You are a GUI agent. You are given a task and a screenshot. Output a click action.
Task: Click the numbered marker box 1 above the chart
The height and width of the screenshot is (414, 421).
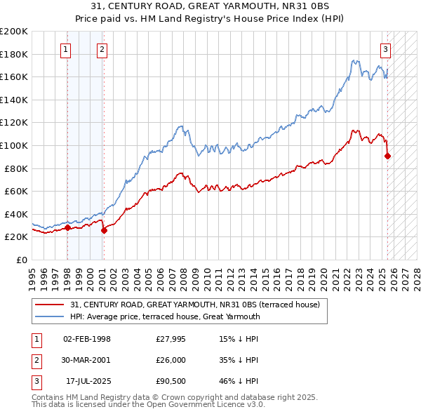click(x=65, y=49)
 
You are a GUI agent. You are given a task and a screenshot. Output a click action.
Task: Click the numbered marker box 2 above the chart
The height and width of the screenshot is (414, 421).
click(x=102, y=49)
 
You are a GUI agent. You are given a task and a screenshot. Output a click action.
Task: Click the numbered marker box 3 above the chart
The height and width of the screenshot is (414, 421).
click(x=386, y=49)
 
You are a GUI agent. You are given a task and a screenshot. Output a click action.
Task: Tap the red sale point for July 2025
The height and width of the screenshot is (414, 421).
click(x=388, y=156)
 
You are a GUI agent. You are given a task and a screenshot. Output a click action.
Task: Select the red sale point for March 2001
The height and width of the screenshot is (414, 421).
click(x=104, y=229)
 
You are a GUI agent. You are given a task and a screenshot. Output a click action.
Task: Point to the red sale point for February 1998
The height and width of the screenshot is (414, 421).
click(x=67, y=227)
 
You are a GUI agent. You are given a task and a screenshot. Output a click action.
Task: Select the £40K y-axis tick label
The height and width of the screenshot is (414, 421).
click(x=16, y=214)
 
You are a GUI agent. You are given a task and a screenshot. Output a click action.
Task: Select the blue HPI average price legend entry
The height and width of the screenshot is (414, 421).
click(x=165, y=316)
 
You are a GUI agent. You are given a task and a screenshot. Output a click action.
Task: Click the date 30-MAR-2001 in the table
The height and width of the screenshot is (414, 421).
click(x=87, y=360)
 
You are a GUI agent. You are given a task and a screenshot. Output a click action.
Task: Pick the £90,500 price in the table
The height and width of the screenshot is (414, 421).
click(x=171, y=382)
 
